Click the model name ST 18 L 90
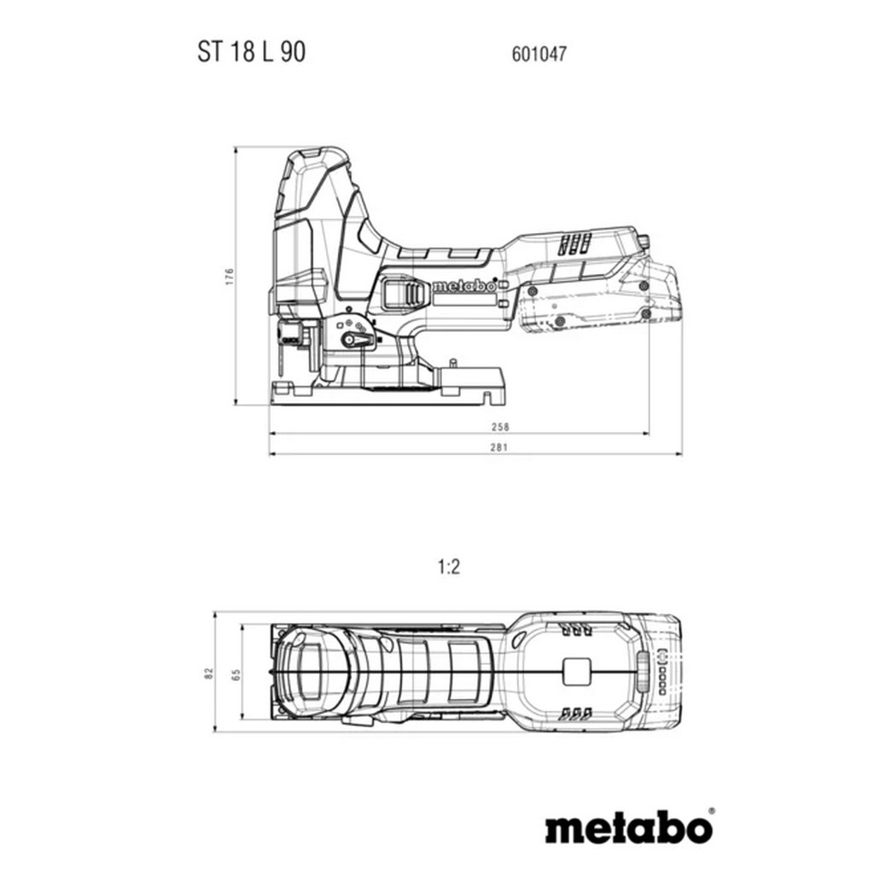(x=252, y=52)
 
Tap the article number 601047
(x=539, y=54)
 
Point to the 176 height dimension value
(x=230, y=277)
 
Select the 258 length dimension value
(x=500, y=427)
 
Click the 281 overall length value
(x=499, y=447)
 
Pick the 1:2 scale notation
(x=449, y=568)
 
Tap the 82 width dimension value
(x=209, y=673)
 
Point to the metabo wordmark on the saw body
(x=463, y=286)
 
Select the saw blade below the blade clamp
(x=283, y=361)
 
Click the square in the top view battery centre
(x=576, y=672)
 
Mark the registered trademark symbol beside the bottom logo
(x=711, y=811)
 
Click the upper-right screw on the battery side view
(x=644, y=286)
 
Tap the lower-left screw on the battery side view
(x=559, y=321)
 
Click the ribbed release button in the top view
(x=644, y=672)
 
